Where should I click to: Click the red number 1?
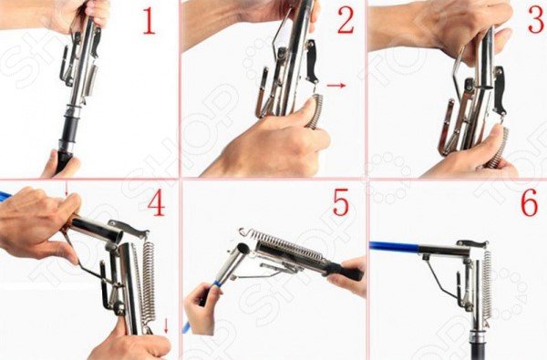[x=149, y=22]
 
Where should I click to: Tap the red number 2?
[x=346, y=21]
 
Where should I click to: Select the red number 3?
[x=538, y=20]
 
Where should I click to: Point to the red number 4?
[x=156, y=203]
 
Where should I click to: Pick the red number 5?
[x=341, y=202]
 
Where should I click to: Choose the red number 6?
[x=529, y=203]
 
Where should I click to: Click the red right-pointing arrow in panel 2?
[x=335, y=85]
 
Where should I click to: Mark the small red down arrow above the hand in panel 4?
[x=67, y=190]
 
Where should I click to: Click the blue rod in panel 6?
[x=394, y=247]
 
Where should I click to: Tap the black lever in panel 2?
[x=312, y=61]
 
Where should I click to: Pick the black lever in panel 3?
[x=500, y=91]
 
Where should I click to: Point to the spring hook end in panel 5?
[x=243, y=231]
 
